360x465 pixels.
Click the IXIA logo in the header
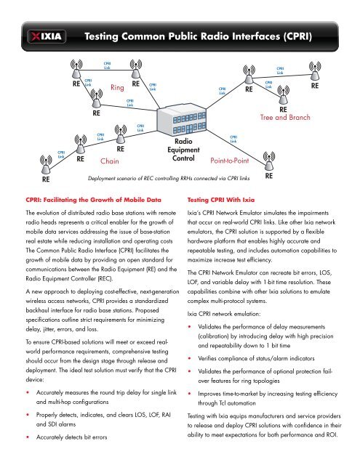(47, 36)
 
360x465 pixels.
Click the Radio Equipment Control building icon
(181, 120)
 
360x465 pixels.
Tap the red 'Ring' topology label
(117, 87)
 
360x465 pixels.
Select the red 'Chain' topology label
(110, 161)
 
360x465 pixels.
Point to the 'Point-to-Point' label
(230, 161)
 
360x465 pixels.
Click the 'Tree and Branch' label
(285, 117)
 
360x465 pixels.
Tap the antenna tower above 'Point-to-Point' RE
(269, 161)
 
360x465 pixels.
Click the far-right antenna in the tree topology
(315, 70)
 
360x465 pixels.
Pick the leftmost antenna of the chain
(46, 165)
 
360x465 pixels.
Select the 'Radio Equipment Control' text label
(183, 150)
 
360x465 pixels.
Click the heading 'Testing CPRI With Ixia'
(221, 200)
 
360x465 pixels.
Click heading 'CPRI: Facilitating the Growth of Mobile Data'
(94, 200)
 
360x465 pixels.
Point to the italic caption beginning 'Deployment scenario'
(169, 178)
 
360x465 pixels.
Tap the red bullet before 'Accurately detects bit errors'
(28, 437)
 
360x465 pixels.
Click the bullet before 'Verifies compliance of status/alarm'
(189, 358)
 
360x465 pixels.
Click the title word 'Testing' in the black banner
(101, 36)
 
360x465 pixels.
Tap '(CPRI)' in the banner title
(297, 36)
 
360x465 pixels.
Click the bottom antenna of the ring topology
(96, 98)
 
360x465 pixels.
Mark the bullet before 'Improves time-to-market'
(189, 394)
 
